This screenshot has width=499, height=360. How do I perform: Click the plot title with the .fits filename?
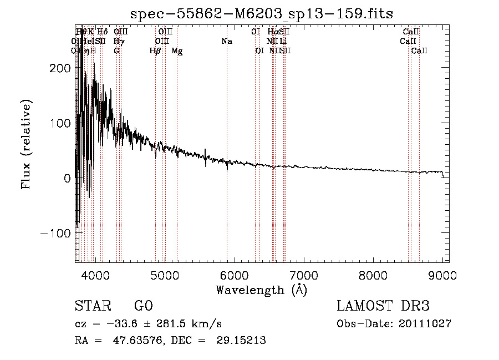(261, 13)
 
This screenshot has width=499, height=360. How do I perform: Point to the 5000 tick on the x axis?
(165, 276)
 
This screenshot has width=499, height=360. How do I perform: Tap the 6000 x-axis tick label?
(234, 276)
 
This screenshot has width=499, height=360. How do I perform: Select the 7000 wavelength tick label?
(304, 276)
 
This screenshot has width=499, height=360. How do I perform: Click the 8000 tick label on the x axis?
(373, 276)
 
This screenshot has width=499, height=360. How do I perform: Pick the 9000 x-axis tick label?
(442, 276)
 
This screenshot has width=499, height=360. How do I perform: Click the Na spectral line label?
(226, 42)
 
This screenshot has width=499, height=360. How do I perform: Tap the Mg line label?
(177, 51)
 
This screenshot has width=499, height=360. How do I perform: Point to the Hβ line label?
(155, 51)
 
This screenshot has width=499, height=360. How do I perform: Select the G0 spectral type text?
(143, 306)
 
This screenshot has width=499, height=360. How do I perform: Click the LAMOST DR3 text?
(383, 306)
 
